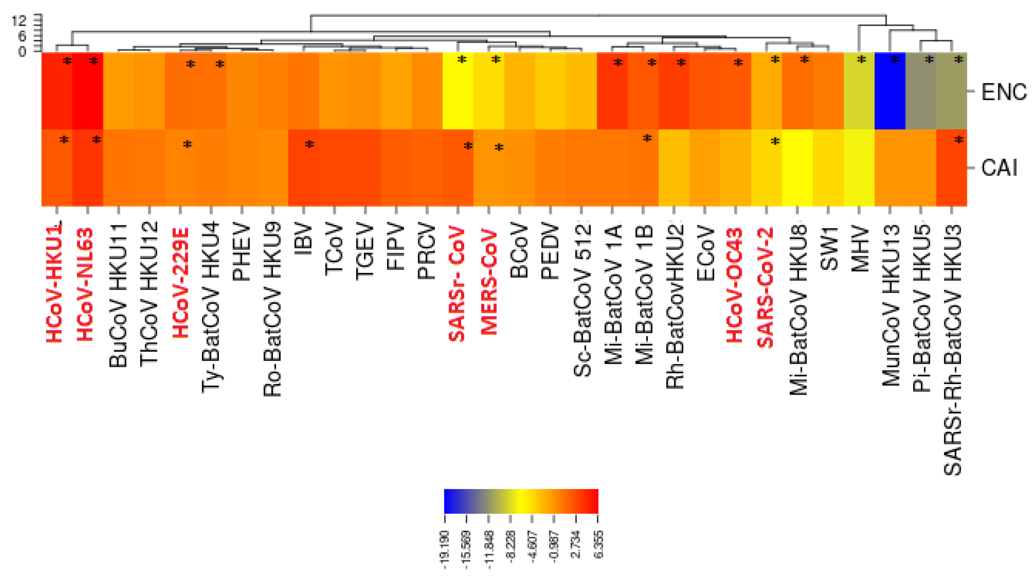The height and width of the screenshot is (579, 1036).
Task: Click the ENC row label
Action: pos(1004,92)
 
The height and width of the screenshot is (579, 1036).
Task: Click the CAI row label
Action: pos(999,168)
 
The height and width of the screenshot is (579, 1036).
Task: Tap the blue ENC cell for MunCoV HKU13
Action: pos(890,91)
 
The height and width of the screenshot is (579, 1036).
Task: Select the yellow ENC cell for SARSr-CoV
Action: pos(458,91)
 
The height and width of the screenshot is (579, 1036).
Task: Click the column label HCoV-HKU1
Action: pos(54,281)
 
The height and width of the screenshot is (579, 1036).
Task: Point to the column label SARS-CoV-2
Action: pos(765,287)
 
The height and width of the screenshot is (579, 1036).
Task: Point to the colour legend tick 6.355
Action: pos(598,544)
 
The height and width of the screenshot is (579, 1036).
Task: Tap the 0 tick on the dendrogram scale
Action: pos(22,52)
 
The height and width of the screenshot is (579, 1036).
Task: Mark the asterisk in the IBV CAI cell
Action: pos(309,144)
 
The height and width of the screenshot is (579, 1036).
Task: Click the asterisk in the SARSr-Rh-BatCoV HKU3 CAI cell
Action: pos(959,140)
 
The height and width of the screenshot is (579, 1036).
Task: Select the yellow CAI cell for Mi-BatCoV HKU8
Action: pos(797,168)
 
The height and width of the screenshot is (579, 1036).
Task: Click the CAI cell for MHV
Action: pos(859,168)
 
